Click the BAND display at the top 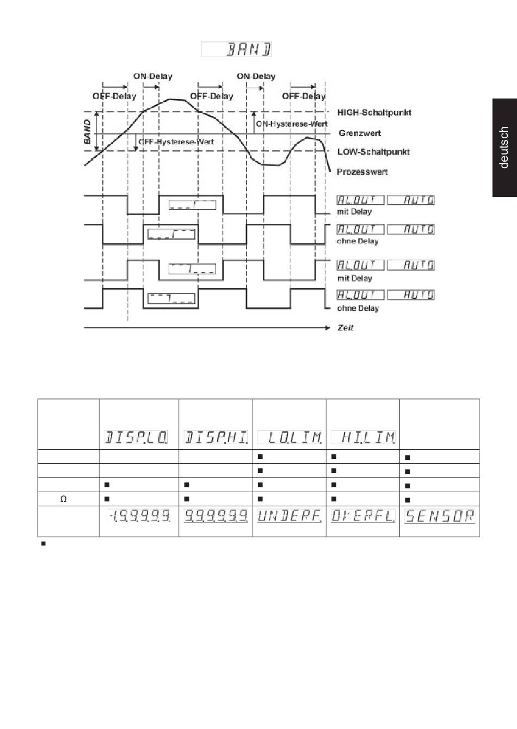[237, 50]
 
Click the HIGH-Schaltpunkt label [374, 113]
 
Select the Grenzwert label [359, 133]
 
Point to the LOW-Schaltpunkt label [373, 152]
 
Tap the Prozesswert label [362, 171]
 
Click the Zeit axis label [346, 328]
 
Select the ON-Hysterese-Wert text [291, 124]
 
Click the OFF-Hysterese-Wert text [176, 142]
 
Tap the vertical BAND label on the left [88, 132]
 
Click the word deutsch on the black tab [504, 148]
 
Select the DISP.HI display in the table [216, 437]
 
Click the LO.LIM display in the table [289, 437]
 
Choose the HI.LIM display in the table [363, 437]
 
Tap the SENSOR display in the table [440, 516]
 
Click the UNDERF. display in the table [289, 516]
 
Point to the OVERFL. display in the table [363, 516]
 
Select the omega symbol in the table [64, 499]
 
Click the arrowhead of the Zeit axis [327, 328]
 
